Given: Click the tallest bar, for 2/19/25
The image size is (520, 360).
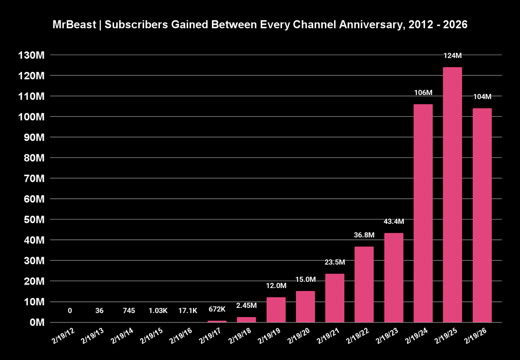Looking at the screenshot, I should [452, 195].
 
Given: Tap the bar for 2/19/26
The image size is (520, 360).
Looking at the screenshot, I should [482, 215].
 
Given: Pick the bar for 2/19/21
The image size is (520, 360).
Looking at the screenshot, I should [335, 298].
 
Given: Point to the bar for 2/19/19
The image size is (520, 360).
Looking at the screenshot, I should [276, 310].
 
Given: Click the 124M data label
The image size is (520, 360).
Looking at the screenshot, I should [452, 56].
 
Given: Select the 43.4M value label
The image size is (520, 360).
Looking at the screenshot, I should [393, 222].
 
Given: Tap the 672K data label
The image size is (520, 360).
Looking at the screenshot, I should [217, 310].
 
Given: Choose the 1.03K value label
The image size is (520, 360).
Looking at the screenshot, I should [158, 311].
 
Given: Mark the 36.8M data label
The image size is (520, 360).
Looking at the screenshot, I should [364, 235].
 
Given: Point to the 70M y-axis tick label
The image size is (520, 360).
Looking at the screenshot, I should [33, 178].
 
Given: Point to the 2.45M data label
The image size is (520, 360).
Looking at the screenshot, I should [247, 306].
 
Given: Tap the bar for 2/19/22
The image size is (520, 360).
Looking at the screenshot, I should [364, 285].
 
